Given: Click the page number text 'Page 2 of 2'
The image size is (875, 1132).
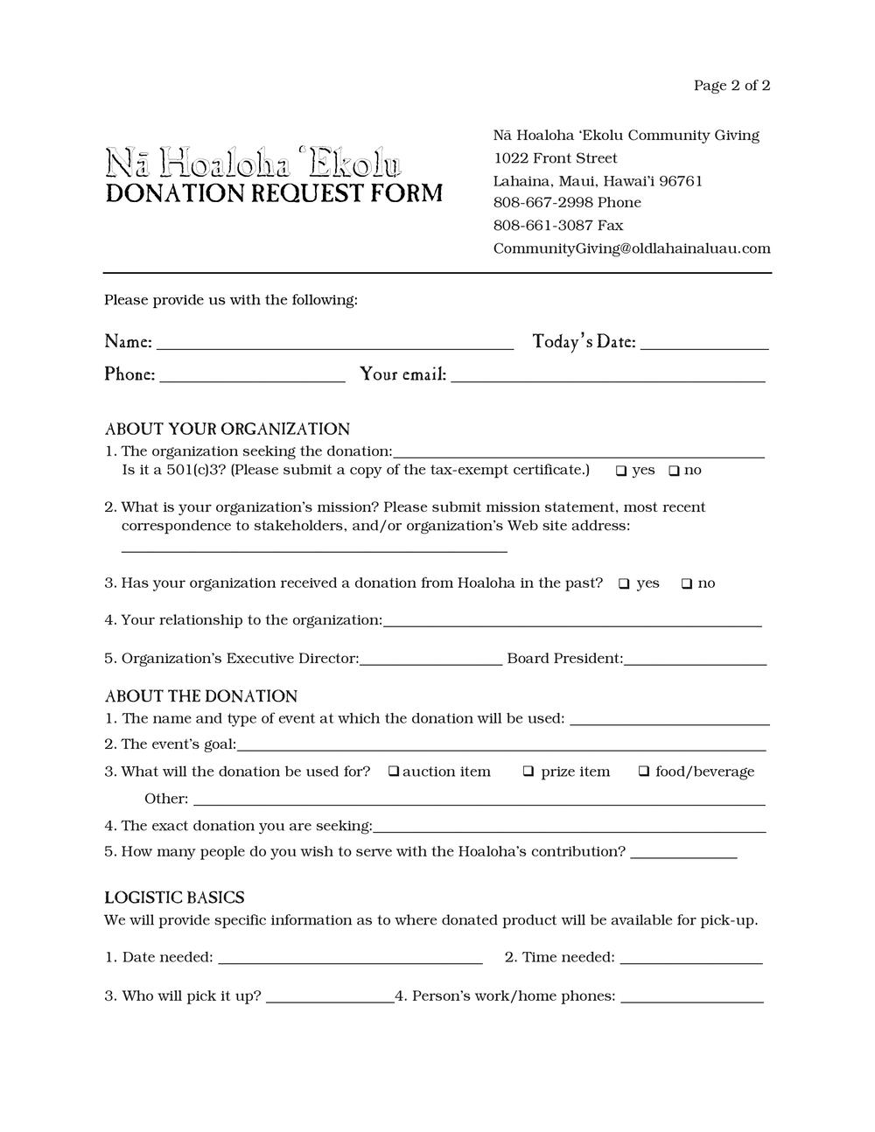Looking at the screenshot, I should tap(731, 85).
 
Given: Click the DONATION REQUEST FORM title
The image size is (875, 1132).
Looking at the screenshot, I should tap(274, 193).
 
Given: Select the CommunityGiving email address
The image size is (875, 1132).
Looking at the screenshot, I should tap(632, 248).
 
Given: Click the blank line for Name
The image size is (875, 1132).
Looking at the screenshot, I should tap(334, 343).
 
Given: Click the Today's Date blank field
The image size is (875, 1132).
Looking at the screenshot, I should tap(704, 343).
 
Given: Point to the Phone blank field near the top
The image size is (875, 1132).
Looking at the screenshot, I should tap(252, 376).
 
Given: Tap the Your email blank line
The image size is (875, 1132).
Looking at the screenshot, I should tap(607, 376).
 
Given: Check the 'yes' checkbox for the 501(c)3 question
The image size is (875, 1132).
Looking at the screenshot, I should tap(620, 471).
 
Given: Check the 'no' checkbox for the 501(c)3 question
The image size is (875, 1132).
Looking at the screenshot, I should tap(674, 471).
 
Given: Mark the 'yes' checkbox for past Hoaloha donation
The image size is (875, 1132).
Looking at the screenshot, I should tap(624, 583).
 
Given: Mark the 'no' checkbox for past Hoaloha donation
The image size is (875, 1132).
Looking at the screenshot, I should tap(687, 583).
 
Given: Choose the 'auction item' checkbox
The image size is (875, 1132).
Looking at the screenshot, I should tap(394, 772).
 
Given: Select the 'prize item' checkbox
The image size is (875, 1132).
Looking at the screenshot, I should tap(528, 772).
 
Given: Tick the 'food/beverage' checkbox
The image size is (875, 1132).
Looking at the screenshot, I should tap(643, 772).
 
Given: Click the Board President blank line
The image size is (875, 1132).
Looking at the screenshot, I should tap(695, 660).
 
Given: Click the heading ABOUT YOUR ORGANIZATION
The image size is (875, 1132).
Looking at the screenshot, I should tap(227, 429).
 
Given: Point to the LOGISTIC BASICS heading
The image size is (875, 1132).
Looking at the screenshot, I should tap(174, 898).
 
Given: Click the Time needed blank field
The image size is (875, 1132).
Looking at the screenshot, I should tap(690, 958).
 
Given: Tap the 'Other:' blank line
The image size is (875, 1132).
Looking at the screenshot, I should tap(479, 800).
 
